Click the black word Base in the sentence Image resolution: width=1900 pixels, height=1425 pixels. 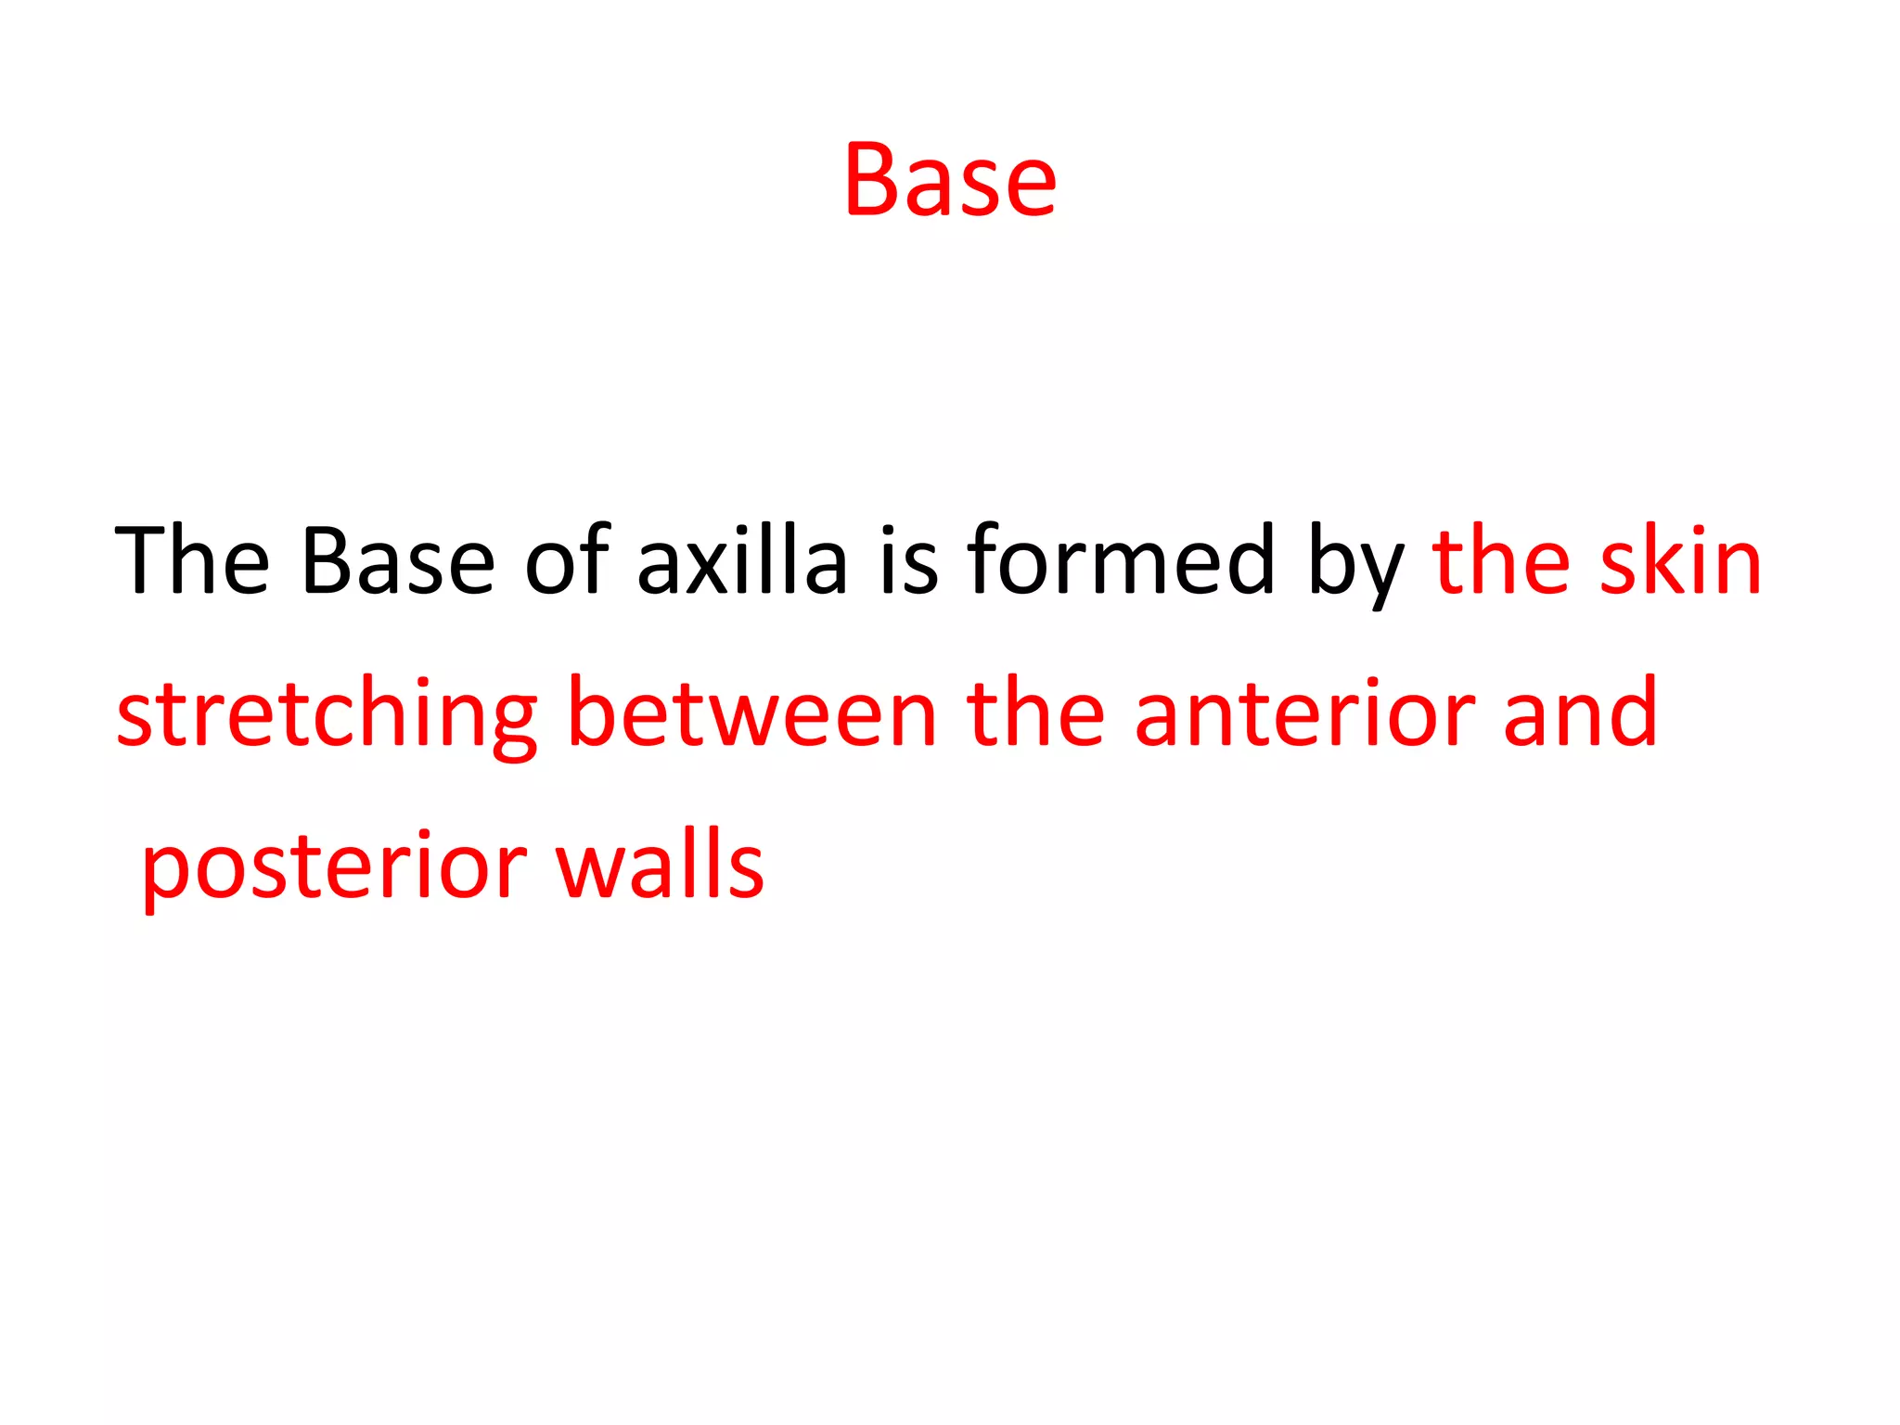[398, 561]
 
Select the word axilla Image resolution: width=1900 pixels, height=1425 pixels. [742, 561]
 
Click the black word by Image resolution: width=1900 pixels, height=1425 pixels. [1355, 566]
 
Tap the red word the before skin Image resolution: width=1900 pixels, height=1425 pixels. [1501, 561]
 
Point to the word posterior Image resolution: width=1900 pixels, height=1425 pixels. [334, 867]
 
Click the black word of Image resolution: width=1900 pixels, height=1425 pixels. [567, 561]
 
